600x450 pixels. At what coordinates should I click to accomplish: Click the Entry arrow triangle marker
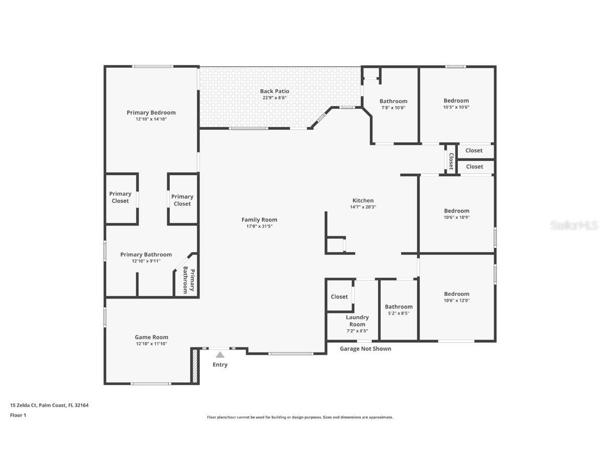220,355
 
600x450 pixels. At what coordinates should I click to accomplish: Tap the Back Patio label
274,91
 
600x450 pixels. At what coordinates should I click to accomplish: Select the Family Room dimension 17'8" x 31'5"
259,227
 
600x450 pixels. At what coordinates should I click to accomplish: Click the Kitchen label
363,201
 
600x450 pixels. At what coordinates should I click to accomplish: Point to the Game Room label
152,337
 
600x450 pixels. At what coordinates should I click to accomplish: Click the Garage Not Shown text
365,348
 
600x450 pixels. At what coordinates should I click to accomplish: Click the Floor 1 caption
18,415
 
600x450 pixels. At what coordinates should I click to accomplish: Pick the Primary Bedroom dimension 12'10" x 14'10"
151,119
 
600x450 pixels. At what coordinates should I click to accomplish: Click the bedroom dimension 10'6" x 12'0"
456,301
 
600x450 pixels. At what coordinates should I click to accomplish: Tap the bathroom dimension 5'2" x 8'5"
398,313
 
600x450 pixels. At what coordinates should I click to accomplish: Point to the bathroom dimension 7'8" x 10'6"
393,108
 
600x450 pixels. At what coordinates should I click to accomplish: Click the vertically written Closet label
451,161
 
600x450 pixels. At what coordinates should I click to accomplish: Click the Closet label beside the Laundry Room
339,296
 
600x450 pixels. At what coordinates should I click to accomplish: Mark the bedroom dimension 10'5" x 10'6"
456,107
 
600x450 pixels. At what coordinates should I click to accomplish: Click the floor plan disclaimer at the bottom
300,417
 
